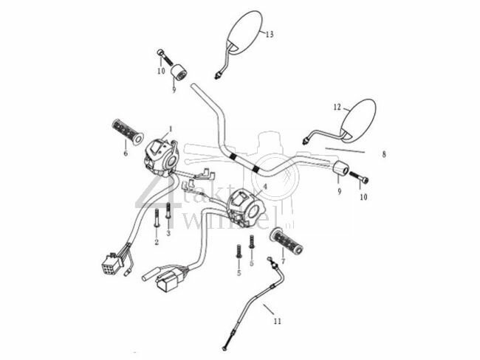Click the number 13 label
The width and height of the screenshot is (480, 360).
coord(269,35)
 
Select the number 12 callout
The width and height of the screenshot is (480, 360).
coord(337,107)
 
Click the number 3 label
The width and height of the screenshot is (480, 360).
coord(168,232)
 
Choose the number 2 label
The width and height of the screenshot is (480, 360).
coord(156,242)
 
